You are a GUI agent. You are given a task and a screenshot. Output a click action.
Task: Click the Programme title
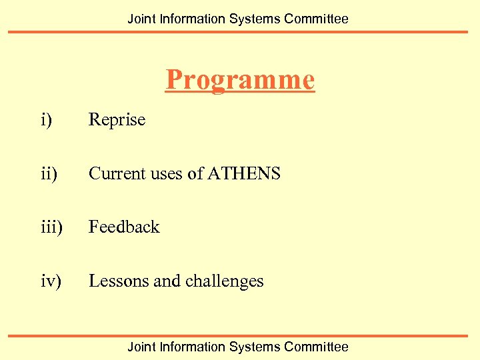[x=240, y=80]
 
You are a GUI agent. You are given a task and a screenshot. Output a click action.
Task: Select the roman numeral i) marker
[x=45, y=120]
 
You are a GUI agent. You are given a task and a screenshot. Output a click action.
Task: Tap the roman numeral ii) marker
[x=48, y=174]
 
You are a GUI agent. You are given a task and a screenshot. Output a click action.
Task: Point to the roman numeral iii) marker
[x=51, y=227]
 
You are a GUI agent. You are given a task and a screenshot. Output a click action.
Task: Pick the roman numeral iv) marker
[x=51, y=281]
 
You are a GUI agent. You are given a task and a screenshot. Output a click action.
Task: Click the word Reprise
[x=117, y=120]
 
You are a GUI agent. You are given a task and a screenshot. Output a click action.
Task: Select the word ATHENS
[x=244, y=174]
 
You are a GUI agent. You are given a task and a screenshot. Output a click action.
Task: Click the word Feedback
[x=124, y=227]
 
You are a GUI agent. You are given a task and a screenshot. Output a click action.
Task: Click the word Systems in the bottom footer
[x=255, y=347]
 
